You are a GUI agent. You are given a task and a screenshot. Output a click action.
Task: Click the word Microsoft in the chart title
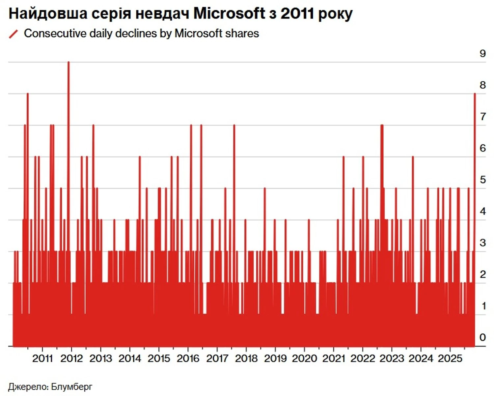229,14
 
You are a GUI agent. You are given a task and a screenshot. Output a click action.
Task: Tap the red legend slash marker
13,34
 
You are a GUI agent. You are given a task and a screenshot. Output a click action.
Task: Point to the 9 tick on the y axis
482,54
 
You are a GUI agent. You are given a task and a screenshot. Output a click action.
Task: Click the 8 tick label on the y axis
482,85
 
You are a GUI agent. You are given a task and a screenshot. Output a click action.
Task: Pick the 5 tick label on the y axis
482,180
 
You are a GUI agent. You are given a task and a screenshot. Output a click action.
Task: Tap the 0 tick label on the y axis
482,337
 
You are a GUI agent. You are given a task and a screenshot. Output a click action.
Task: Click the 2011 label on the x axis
42,358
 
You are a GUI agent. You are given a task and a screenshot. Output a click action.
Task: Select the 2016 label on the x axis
188,358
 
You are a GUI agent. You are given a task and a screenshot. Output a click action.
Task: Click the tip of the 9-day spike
69,62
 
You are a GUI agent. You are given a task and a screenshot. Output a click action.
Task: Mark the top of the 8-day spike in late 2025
475,94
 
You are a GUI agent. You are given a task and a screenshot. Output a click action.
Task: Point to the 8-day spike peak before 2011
28,94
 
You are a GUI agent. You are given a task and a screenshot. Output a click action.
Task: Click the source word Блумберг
71,386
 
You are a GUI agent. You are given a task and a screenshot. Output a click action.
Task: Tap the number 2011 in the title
298,14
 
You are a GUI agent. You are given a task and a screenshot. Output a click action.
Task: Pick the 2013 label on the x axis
100,358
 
